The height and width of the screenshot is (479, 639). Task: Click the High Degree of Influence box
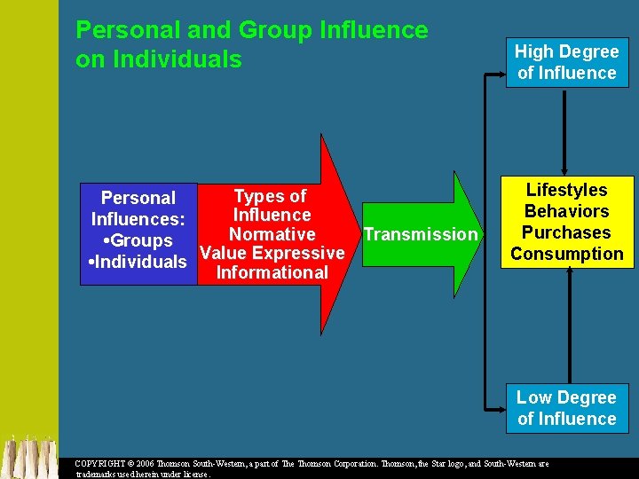566,62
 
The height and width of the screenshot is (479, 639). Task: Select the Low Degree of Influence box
566,408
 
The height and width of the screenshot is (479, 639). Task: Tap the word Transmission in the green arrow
420,234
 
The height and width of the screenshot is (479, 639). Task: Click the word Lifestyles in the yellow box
566,190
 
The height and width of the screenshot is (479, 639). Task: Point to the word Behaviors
566,211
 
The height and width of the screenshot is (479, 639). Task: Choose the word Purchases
566,232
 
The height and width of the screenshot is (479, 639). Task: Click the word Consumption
566,254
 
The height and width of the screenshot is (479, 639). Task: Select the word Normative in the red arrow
272,234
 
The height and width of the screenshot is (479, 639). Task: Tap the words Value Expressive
272,254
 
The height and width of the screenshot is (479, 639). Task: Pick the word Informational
272,273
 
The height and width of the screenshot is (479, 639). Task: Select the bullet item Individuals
138,262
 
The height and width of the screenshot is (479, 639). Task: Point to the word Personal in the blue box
138,198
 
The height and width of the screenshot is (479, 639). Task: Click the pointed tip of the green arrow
486,234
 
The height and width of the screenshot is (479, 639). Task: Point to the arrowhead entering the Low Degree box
498,407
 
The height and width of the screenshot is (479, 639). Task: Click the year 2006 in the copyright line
151,464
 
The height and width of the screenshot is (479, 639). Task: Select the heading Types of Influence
272,206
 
